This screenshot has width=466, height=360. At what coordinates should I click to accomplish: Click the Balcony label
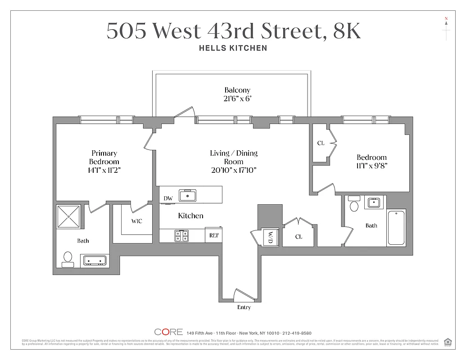pos(237,90)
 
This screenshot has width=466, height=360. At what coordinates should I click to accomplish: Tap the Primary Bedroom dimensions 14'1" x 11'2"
pos(104,170)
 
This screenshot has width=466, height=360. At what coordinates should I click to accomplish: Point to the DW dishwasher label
pos(168,198)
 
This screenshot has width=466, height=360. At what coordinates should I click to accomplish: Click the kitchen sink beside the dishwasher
pos(187,195)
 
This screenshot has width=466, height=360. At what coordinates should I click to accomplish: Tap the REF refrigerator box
pos(213,235)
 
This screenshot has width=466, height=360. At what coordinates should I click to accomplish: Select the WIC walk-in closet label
pos(136,221)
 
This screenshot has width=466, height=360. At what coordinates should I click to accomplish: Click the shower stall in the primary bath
pos(69,217)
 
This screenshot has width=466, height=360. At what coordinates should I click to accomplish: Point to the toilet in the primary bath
pos(68,259)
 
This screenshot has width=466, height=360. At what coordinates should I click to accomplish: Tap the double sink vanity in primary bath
pos(95,261)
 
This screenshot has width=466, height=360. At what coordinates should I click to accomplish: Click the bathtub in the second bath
pos(396,227)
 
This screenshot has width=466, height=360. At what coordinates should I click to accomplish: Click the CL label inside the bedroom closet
pos(321,143)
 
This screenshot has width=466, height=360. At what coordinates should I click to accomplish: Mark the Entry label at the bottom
pos(244,307)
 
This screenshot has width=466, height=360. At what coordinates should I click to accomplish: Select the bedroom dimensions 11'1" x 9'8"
pos(371,165)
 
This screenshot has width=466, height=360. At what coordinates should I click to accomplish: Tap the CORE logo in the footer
pos(168,332)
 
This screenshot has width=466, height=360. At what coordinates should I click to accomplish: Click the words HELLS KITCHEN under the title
pos(233,48)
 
